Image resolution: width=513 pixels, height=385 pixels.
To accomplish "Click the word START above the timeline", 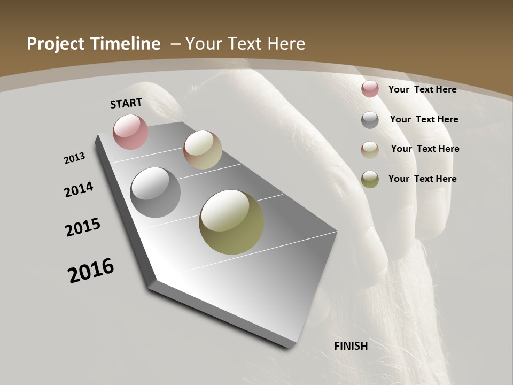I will [126, 103].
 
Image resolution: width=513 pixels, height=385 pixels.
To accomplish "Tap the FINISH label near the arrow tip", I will [351, 346].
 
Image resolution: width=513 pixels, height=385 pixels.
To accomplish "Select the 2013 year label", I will [74, 158].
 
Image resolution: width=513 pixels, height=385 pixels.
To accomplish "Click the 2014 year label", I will [79, 189].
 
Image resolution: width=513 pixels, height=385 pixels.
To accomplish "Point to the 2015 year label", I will [83, 227].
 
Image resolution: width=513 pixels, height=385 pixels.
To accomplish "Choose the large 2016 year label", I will [91, 270].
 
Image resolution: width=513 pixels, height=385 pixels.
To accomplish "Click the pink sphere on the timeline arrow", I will [130, 132].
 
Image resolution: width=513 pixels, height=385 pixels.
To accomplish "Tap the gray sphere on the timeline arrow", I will [155, 192].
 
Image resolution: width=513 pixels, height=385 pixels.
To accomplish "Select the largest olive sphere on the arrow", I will [231, 222].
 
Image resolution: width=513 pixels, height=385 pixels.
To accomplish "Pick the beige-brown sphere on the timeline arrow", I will [203, 150].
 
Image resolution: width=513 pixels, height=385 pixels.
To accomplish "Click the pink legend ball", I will [370, 89].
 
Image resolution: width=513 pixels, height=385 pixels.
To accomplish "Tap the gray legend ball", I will [370, 120].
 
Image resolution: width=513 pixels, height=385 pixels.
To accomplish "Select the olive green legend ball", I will [370, 179].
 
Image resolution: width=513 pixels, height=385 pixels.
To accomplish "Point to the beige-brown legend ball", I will [370, 149].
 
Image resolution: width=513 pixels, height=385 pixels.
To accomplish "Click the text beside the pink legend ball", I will [422, 89].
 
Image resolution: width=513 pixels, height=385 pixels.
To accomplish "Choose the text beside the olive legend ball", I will [422, 179].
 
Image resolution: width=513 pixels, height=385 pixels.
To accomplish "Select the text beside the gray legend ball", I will [424, 119].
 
